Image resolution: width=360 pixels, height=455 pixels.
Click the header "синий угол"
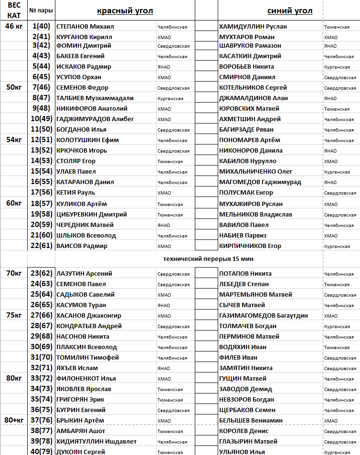(290, 11)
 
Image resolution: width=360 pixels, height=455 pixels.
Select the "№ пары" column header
(41, 10)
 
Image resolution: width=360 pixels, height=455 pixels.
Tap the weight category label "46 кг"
(14, 26)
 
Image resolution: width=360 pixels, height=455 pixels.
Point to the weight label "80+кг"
(14, 420)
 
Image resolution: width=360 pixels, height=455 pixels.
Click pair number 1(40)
(41, 26)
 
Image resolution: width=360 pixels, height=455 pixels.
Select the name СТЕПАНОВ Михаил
(85, 26)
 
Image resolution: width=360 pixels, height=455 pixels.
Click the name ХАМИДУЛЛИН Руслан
(253, 27)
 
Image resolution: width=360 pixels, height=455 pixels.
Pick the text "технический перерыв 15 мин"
(208, 259)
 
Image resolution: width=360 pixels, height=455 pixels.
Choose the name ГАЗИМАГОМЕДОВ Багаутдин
(263, 315)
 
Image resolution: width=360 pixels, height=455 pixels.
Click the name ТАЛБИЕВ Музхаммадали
(95, 98)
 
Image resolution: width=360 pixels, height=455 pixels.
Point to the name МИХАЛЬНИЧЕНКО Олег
(255, 171)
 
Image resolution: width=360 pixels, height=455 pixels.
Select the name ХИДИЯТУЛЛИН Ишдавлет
(96, 441)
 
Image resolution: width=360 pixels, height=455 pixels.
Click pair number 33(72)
(41, 378)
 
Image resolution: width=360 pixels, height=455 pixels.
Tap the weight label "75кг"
(14, 315)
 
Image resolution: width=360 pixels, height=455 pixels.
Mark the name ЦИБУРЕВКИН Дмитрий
(92, 214)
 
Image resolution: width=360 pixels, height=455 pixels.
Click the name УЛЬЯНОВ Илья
(242, 452)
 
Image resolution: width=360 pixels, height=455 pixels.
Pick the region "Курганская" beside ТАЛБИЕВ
(170, 98)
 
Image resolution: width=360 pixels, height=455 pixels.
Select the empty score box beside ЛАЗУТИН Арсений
(206, 273)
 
